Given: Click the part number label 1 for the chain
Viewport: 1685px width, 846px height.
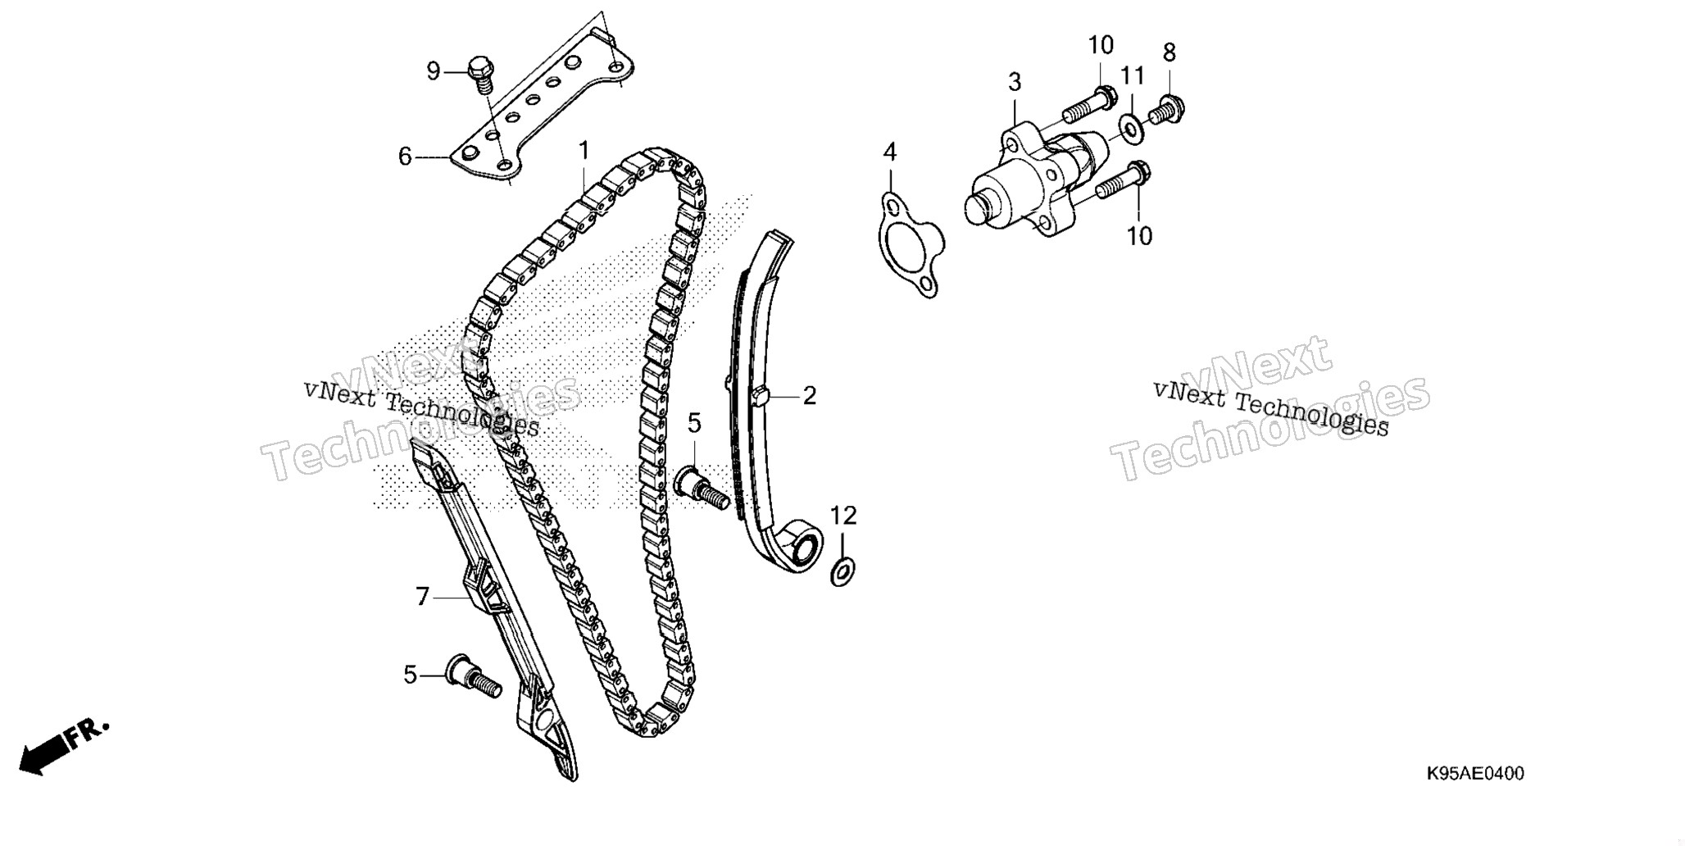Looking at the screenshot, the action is (584, 151).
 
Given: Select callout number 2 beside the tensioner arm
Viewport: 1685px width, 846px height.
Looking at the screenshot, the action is (810, 396).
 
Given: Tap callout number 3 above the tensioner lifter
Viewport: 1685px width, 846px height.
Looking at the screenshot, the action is (1015, 82).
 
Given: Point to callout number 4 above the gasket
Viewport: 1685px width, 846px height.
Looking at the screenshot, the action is (890, 152).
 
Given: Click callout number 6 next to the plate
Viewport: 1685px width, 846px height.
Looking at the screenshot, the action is (405, 156).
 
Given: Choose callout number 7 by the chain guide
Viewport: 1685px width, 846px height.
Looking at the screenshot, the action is (423, 597).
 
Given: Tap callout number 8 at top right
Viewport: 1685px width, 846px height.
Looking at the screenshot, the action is (1170, 52).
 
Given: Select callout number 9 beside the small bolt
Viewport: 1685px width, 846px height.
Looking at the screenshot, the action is (434, 71).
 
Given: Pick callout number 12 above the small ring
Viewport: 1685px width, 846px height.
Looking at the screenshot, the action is (843, 516).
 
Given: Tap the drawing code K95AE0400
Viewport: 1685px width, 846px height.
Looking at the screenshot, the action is (1475, 774).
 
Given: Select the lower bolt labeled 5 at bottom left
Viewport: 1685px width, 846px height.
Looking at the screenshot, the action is (473, 680).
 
